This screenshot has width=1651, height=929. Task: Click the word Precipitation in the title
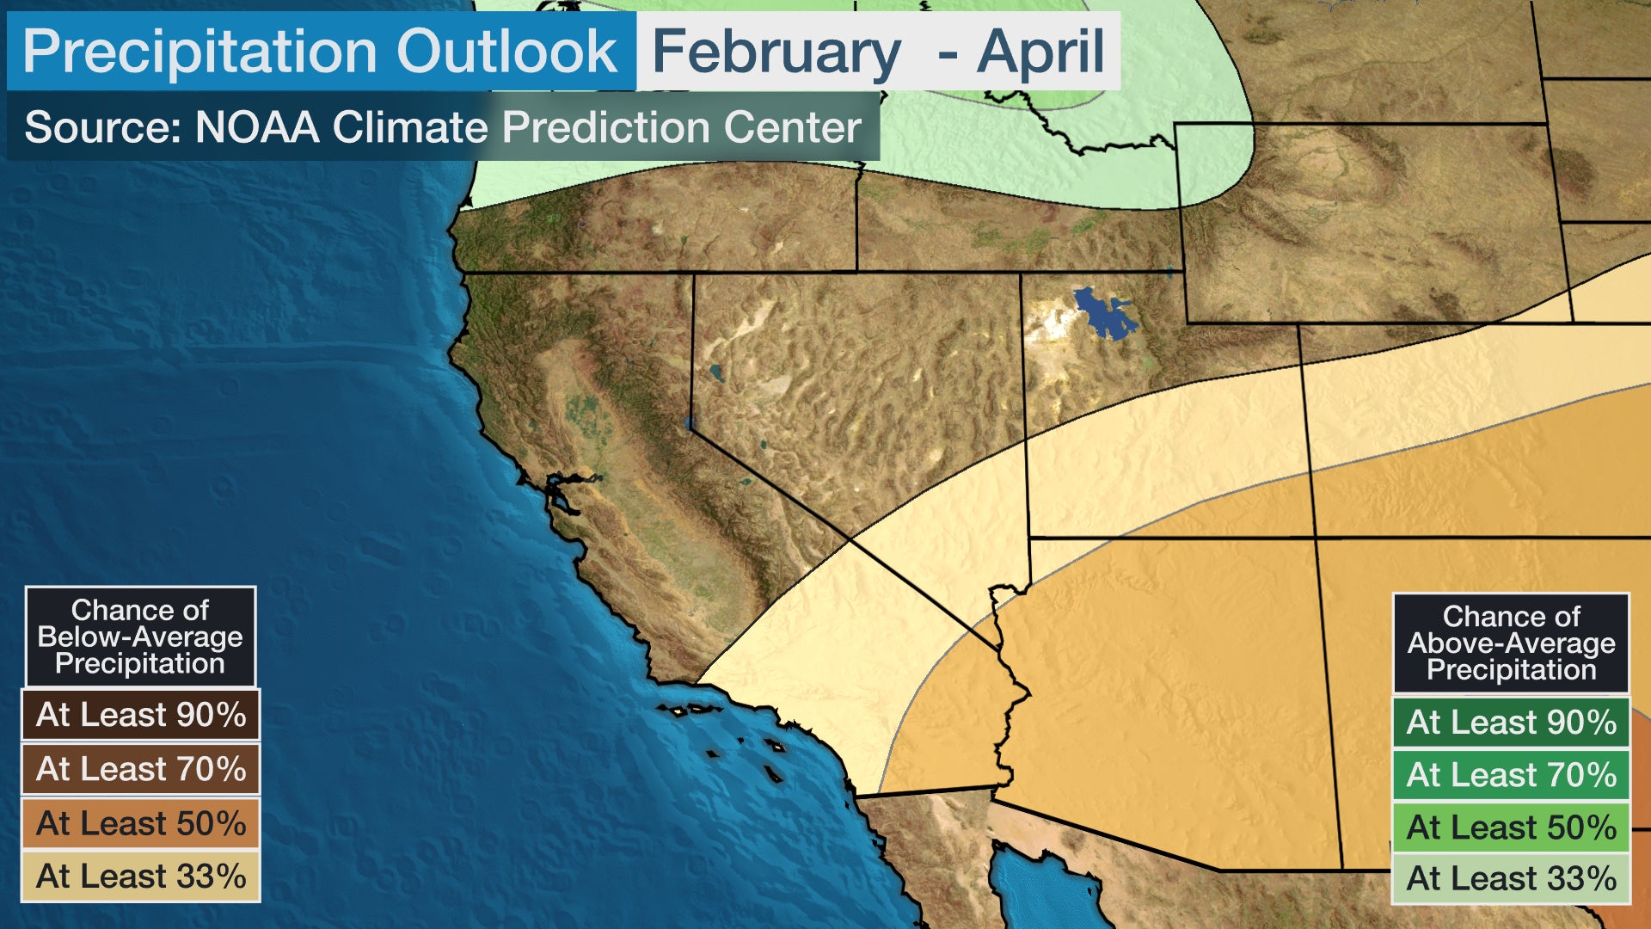(x=199, y=52)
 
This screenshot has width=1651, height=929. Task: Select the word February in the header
(x=776, y=52)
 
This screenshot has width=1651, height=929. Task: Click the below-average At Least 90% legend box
(x=141, y=715)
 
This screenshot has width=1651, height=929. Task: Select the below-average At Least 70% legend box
(x=141, y=769)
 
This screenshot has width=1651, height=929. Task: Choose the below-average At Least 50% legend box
(x=141, y=823)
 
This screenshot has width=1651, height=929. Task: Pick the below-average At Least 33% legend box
(x=141, y=877)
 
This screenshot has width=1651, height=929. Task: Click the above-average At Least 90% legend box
(x=1511, y=722)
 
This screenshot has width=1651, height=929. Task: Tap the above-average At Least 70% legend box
(x=1511, y=774)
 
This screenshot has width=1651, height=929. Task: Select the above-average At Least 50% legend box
(x=1511, y=827)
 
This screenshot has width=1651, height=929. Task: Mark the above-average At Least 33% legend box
(x=1511, y=878)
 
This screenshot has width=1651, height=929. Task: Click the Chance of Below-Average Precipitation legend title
(x=140, y=637)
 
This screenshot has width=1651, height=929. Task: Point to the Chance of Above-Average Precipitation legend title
(x=1511, y=643)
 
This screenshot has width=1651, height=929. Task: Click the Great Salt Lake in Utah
(x=1104, y=315)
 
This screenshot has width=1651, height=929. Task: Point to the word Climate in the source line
(x=410, y=127)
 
